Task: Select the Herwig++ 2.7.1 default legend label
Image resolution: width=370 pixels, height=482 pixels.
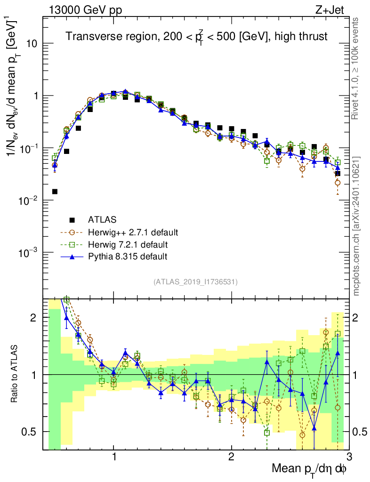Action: click(x=133, y=233)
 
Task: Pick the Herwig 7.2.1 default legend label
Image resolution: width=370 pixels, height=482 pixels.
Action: click(x=128, y=245)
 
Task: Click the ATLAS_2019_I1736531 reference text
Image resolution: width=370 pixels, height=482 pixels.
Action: click(x=195, y=282)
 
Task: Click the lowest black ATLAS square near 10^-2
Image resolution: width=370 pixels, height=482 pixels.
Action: click(x=55, y=192)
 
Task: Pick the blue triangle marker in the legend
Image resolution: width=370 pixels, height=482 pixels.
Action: click(x=72, y=257)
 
